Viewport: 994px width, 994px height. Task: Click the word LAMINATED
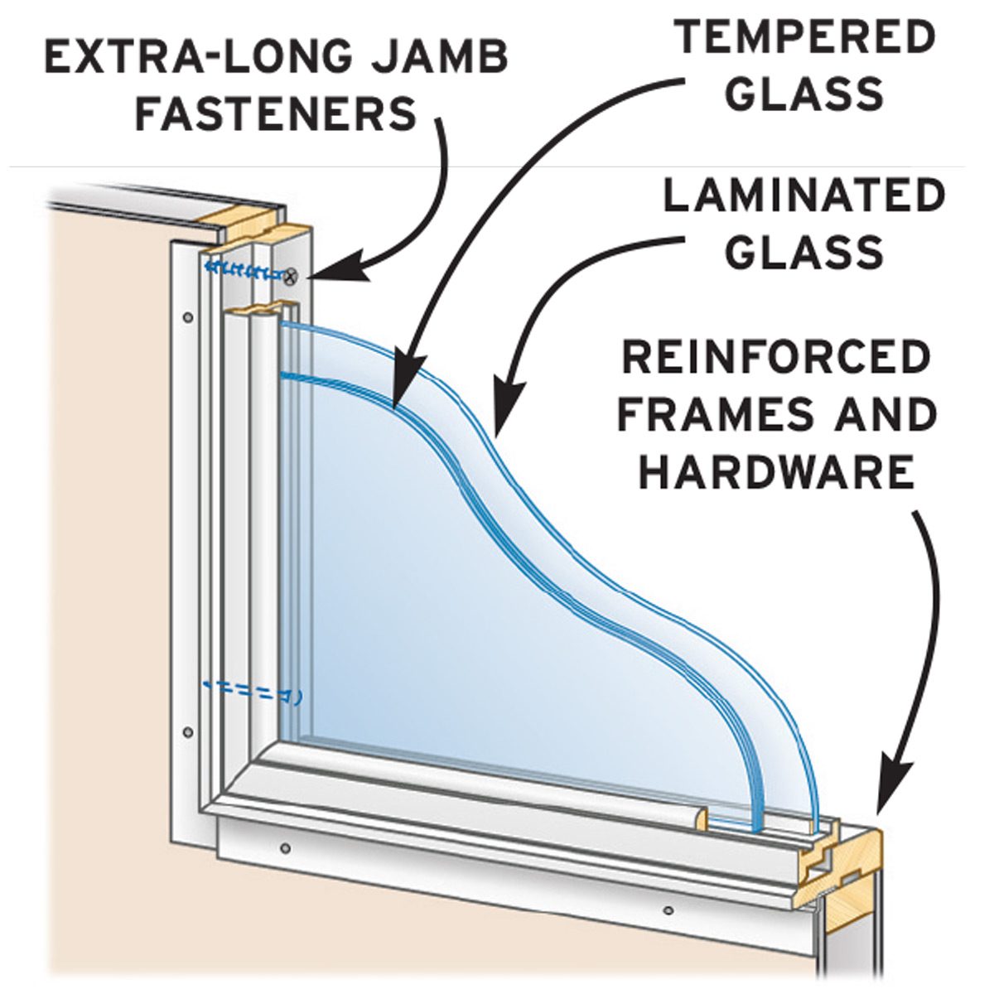[803, 196]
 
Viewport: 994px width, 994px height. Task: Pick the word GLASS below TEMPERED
[808, 94]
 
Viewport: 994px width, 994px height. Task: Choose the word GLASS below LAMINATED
[803, 252]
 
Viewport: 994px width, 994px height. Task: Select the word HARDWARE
[776, 472]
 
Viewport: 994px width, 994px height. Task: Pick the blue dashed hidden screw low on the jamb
[253, 689]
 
